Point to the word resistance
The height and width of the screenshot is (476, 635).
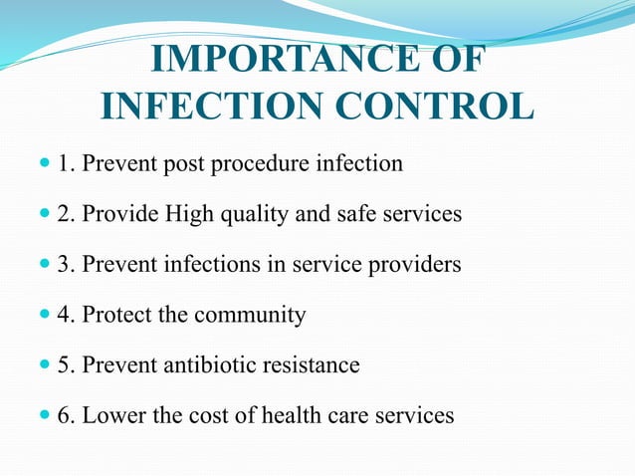coord(311,365)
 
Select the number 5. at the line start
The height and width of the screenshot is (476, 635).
coord(66,365)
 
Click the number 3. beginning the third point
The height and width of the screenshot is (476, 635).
coord(66,265)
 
